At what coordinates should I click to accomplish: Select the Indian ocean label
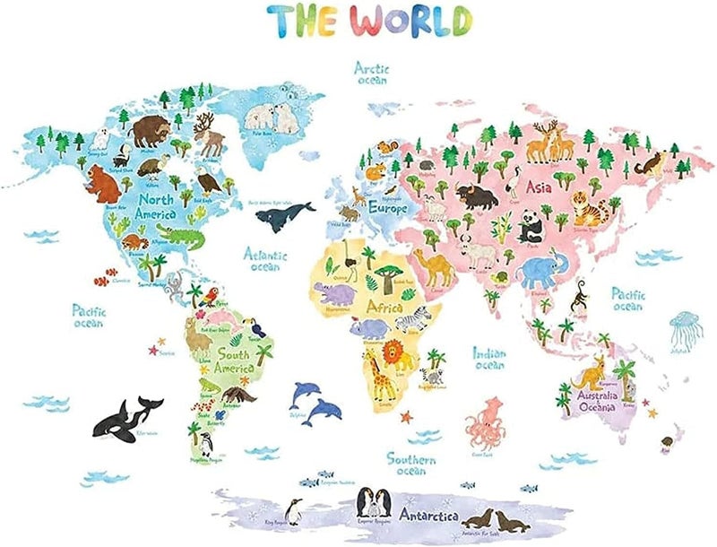coord(489,358)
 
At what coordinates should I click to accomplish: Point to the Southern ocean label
coord(411,464)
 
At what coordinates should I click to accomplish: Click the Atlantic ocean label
coord(264,259)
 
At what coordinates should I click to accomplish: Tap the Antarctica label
coord(428,517)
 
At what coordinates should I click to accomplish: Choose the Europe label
coord(387,208)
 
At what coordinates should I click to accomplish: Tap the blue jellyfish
coord(685,326)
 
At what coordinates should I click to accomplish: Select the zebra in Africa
coord(414,318)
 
